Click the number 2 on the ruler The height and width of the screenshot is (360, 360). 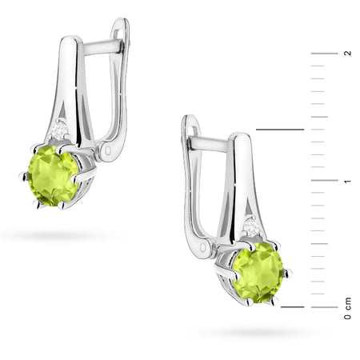pyautogui.click(x=347, y=53)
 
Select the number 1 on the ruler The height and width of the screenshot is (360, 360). pyautogui.click(x=347, y=181)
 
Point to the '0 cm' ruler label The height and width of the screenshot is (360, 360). pyautogui.click(x=347, y=309)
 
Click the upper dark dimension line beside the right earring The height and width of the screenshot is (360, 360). pyautogui.click(x=279, y=129)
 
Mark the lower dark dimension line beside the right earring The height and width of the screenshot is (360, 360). pyautogui.click(x=293, y=306)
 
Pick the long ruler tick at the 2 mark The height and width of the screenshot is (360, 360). pyautogui.click(x=323, y=53)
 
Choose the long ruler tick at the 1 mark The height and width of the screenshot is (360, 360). pyautogui.click(x=323, y=180)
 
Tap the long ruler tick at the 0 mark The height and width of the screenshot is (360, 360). pyautogui.click(x=323, y=306)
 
